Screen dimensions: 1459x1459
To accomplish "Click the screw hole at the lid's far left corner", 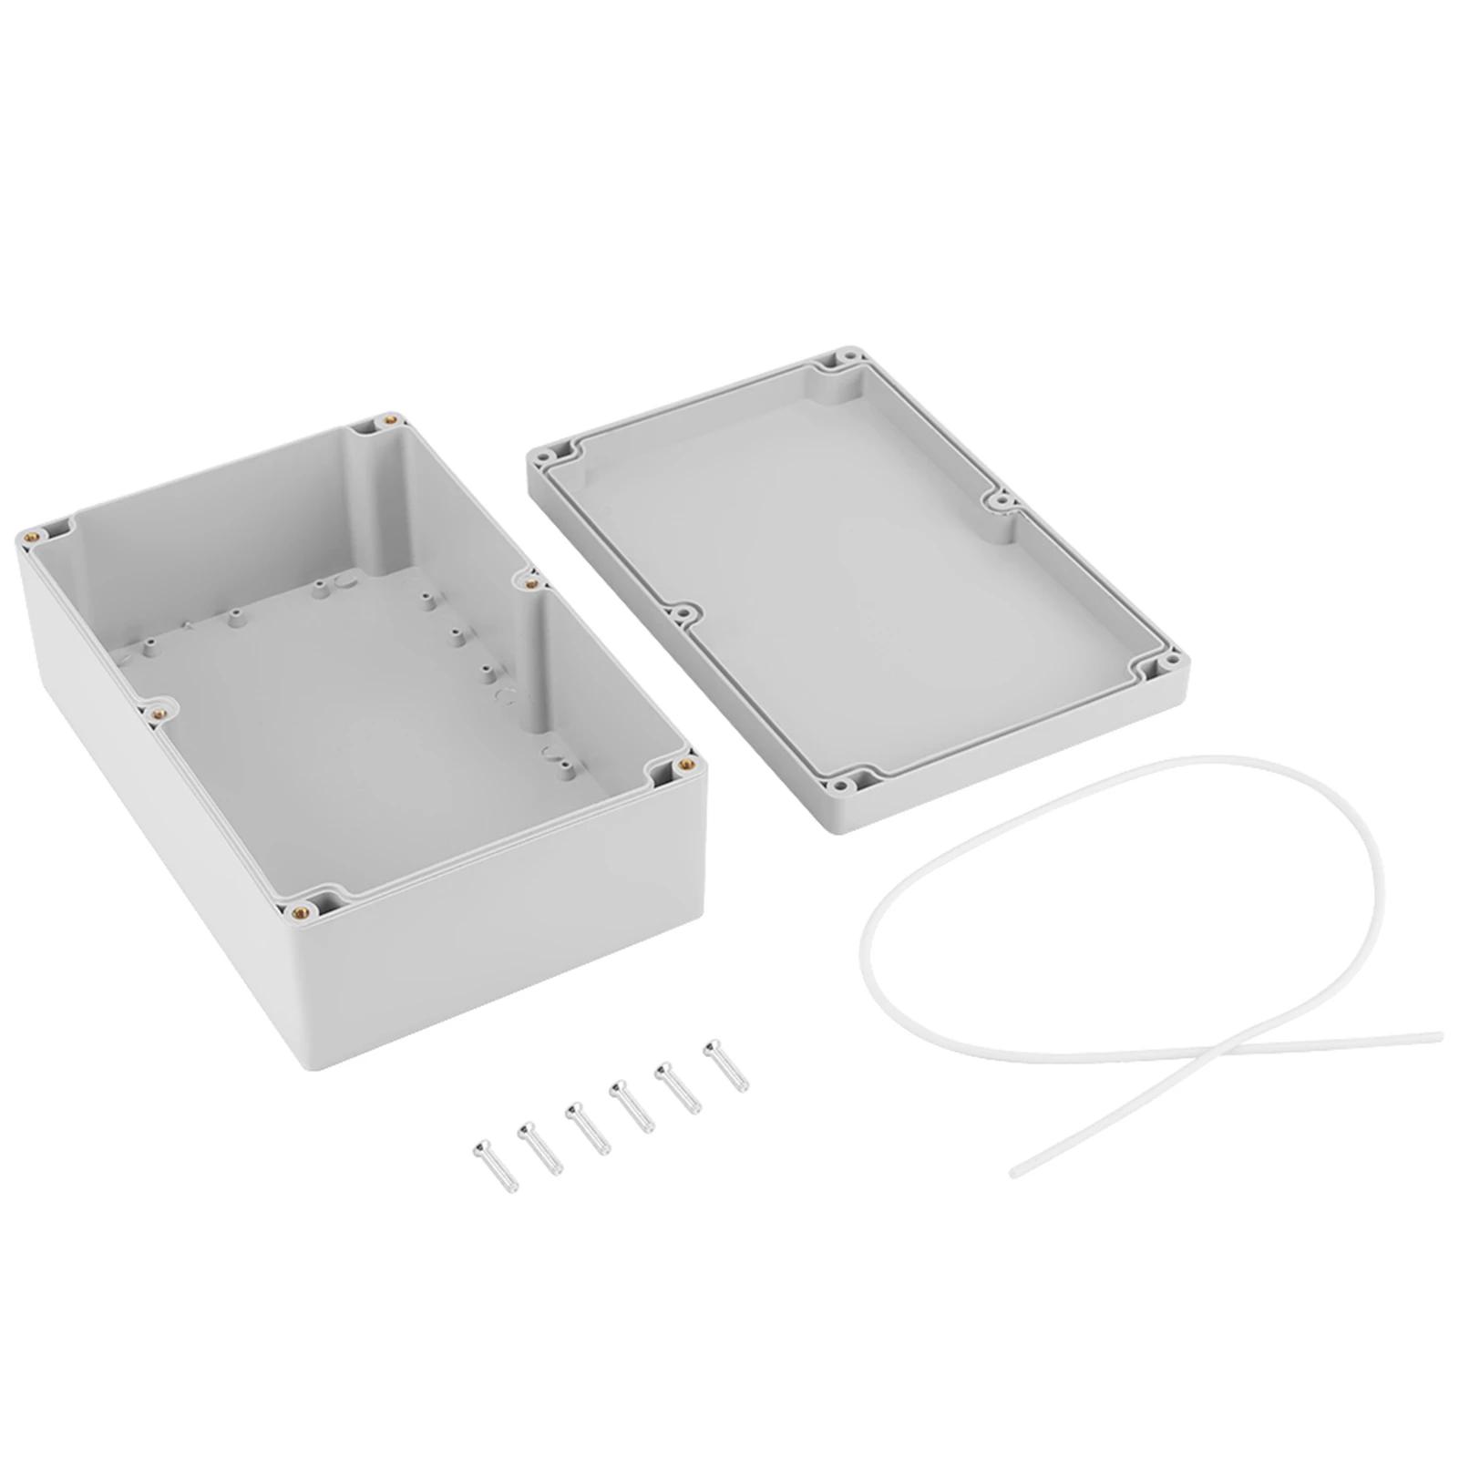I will (x=552, y=450).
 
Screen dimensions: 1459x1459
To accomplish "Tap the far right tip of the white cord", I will (x=1439, y=1035).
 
